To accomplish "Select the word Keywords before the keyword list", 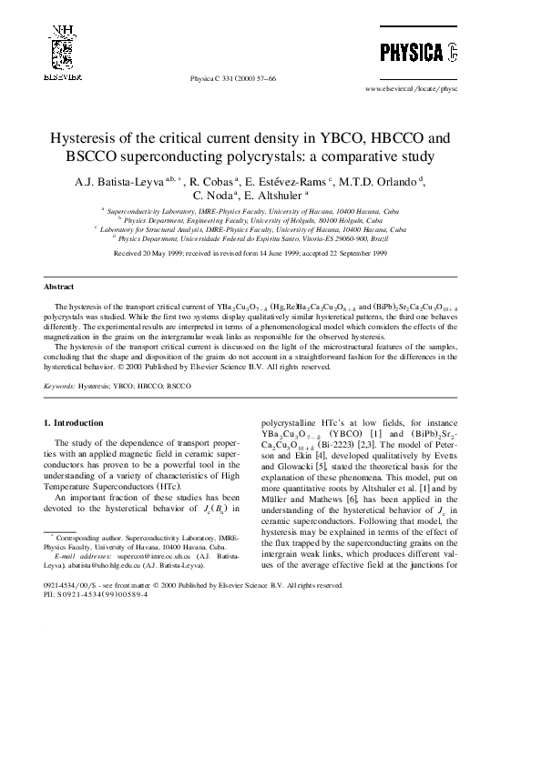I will pos(59,386).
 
